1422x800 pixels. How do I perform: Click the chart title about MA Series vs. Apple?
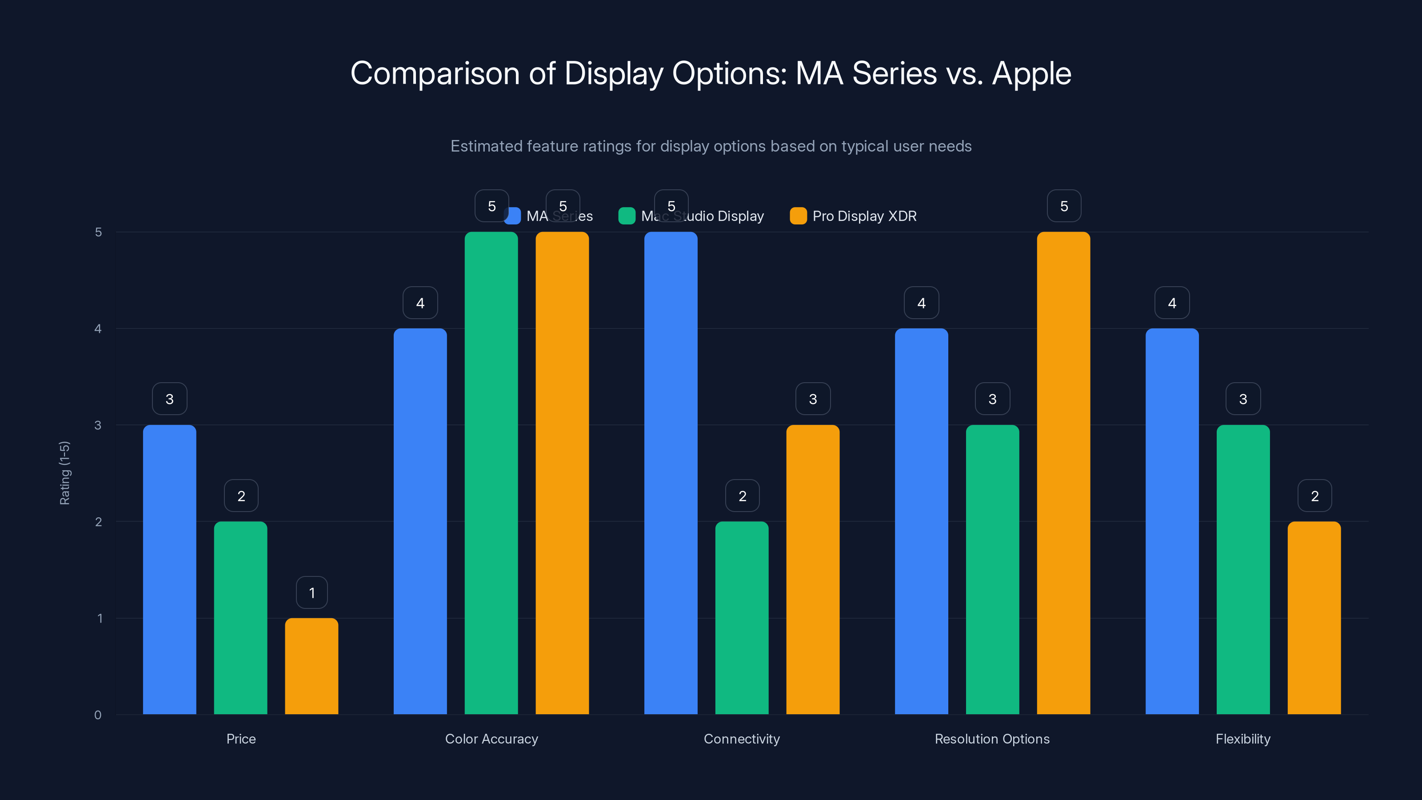tap(711, 73)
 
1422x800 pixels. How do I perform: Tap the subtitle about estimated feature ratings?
tap(711, 146)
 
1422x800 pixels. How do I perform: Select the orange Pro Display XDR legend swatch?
tap(798, 216)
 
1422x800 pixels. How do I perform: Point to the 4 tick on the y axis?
tap(98, 329)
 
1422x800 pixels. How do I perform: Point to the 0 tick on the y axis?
tap(98, 715)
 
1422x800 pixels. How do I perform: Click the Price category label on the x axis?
tap(241, 739)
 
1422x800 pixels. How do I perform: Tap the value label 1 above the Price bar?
tap(312, 592)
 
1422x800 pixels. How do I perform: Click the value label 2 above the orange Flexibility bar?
tap(1314, 496)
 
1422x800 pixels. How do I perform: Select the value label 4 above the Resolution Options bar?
tap(921, 303)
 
